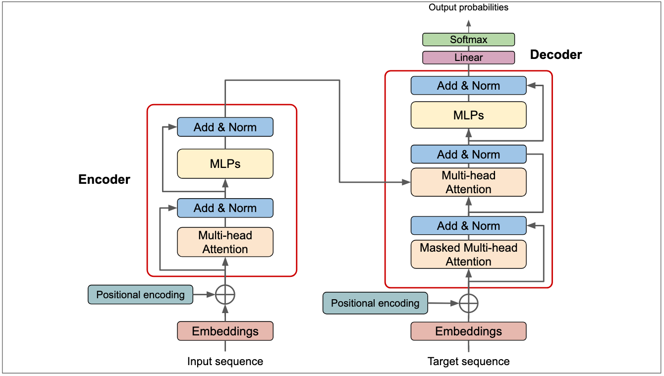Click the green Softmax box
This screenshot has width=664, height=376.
point(468,40)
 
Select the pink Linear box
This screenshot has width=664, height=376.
point(468,57)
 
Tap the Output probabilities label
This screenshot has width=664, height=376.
point(468,7)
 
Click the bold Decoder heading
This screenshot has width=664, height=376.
point(556,54)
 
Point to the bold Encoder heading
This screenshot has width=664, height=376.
point(104,179)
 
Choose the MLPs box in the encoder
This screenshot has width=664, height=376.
point(225,163)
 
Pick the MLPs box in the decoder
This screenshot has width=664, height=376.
point(468,115)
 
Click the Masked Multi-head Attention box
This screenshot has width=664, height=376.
point(468,255)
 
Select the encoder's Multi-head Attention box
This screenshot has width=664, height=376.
point(225,242)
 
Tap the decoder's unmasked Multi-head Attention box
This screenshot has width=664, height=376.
point(468,182)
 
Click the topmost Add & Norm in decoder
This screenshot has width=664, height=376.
point(468,86)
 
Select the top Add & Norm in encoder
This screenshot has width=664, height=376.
point(225,127)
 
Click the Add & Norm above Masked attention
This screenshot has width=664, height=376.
point(468,226)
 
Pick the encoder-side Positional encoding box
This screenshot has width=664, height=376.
point(140,295)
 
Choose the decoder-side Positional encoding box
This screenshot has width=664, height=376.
point(375,303)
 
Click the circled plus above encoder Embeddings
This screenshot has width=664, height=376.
point(225,295)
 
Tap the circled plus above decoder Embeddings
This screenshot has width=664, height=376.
point(468,303)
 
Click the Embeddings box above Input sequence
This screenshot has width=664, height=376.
point(225,331)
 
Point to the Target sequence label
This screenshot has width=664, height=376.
point(468,362)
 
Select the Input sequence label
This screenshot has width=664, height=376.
point(225,362)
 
